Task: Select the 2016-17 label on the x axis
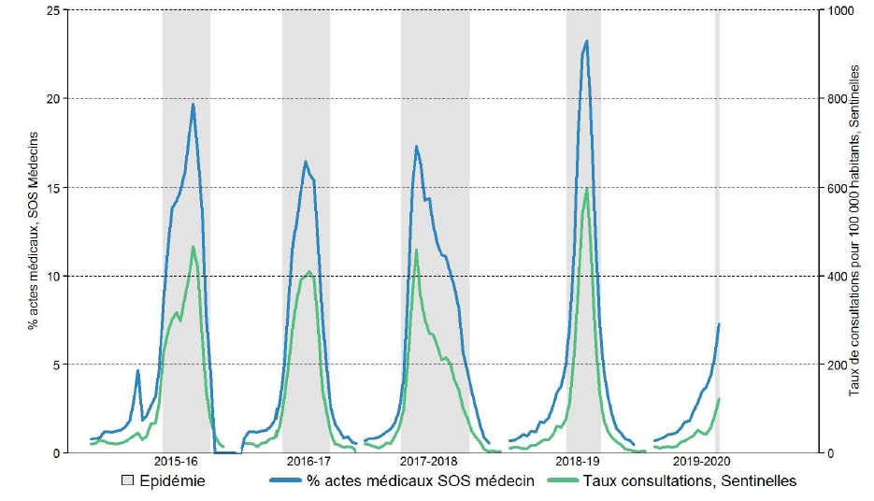click(x=308, y=462)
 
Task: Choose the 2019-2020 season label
click(x=701, y=462)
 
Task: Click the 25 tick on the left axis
click(x=52, y=10)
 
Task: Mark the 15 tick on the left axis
click(x=52, y=187)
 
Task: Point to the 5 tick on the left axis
click(x=56, y=365)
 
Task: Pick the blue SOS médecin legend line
click(x=289, y=481)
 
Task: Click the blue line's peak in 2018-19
click(x=586, y=41)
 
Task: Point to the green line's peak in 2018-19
click(x=586, y=189)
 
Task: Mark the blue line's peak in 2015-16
click(x=193, y=104)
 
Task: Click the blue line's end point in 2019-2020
click(x=719, y=324)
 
